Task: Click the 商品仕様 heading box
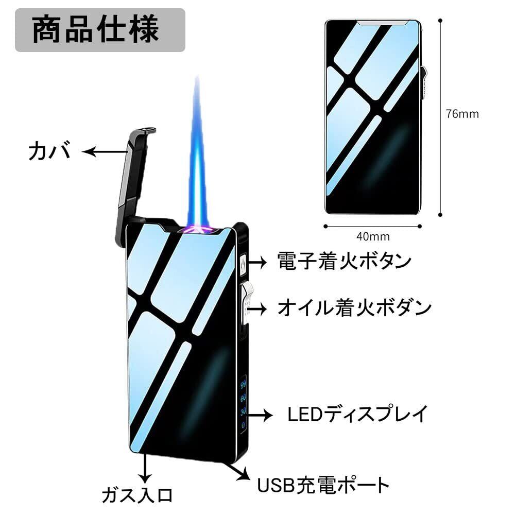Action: pyautogui.click(x=99, y=30)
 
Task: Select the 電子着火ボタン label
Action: pyautogui.click(x=344, y=261)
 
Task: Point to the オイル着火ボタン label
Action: pyautogui.click(x=354, y=308)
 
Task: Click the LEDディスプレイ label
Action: pyautogui.click(x=357, y=414)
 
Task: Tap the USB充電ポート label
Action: pyautogui.click(x=323, y=485)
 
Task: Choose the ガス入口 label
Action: pyautogui.click(x=136, y=495)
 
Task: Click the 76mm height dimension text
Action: pyautogui.click(x=462, y=114)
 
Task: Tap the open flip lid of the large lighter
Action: pyautogui.click(x=132, y=180)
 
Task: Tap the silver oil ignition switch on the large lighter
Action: pyautogui.click(x=246, y=304)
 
